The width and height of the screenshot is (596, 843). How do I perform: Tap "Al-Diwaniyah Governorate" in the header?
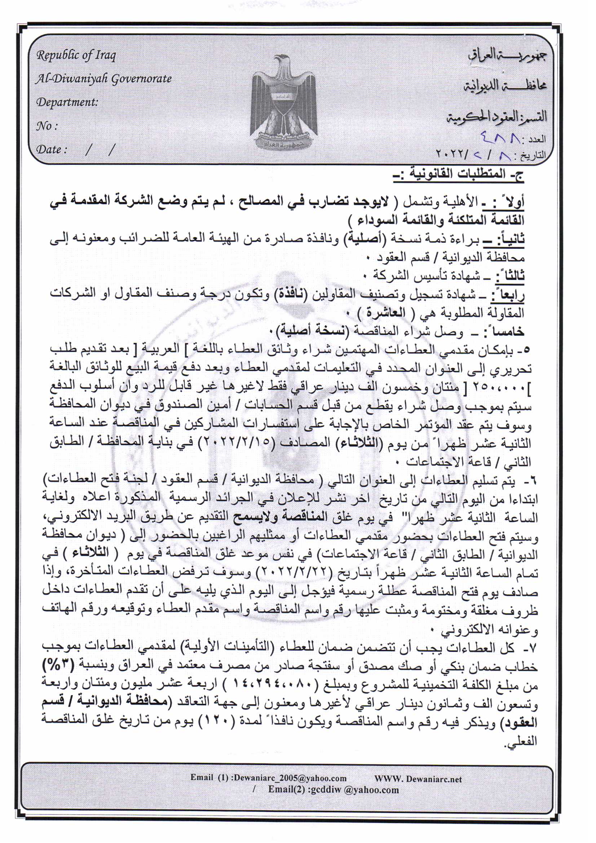(103, 79)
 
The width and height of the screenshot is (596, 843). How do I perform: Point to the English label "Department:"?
(67, 102)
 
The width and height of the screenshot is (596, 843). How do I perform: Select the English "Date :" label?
(52, 149)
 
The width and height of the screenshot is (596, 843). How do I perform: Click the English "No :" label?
(47, 126)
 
